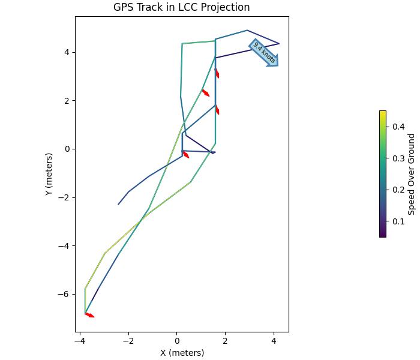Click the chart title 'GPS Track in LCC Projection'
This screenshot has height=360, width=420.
coord(181,7)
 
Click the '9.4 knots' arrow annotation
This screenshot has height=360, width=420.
coord(264,53)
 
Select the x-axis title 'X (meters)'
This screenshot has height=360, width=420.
coord(182,353)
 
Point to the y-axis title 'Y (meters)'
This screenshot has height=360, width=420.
coord(49,174)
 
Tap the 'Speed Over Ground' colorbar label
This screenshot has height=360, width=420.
coord(412,174)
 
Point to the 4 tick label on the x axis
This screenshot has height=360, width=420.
coord(274,341)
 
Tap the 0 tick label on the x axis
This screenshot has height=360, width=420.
coord(177,341)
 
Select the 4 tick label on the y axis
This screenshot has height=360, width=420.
coord(67,52)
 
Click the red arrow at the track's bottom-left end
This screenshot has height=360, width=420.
coord(89,314)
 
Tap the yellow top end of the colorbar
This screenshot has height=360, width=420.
coord(383,112)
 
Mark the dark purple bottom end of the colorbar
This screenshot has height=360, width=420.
coord(383,236)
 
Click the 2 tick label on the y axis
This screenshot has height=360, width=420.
coord(67,101)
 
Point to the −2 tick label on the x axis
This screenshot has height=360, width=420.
coord(128,341)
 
